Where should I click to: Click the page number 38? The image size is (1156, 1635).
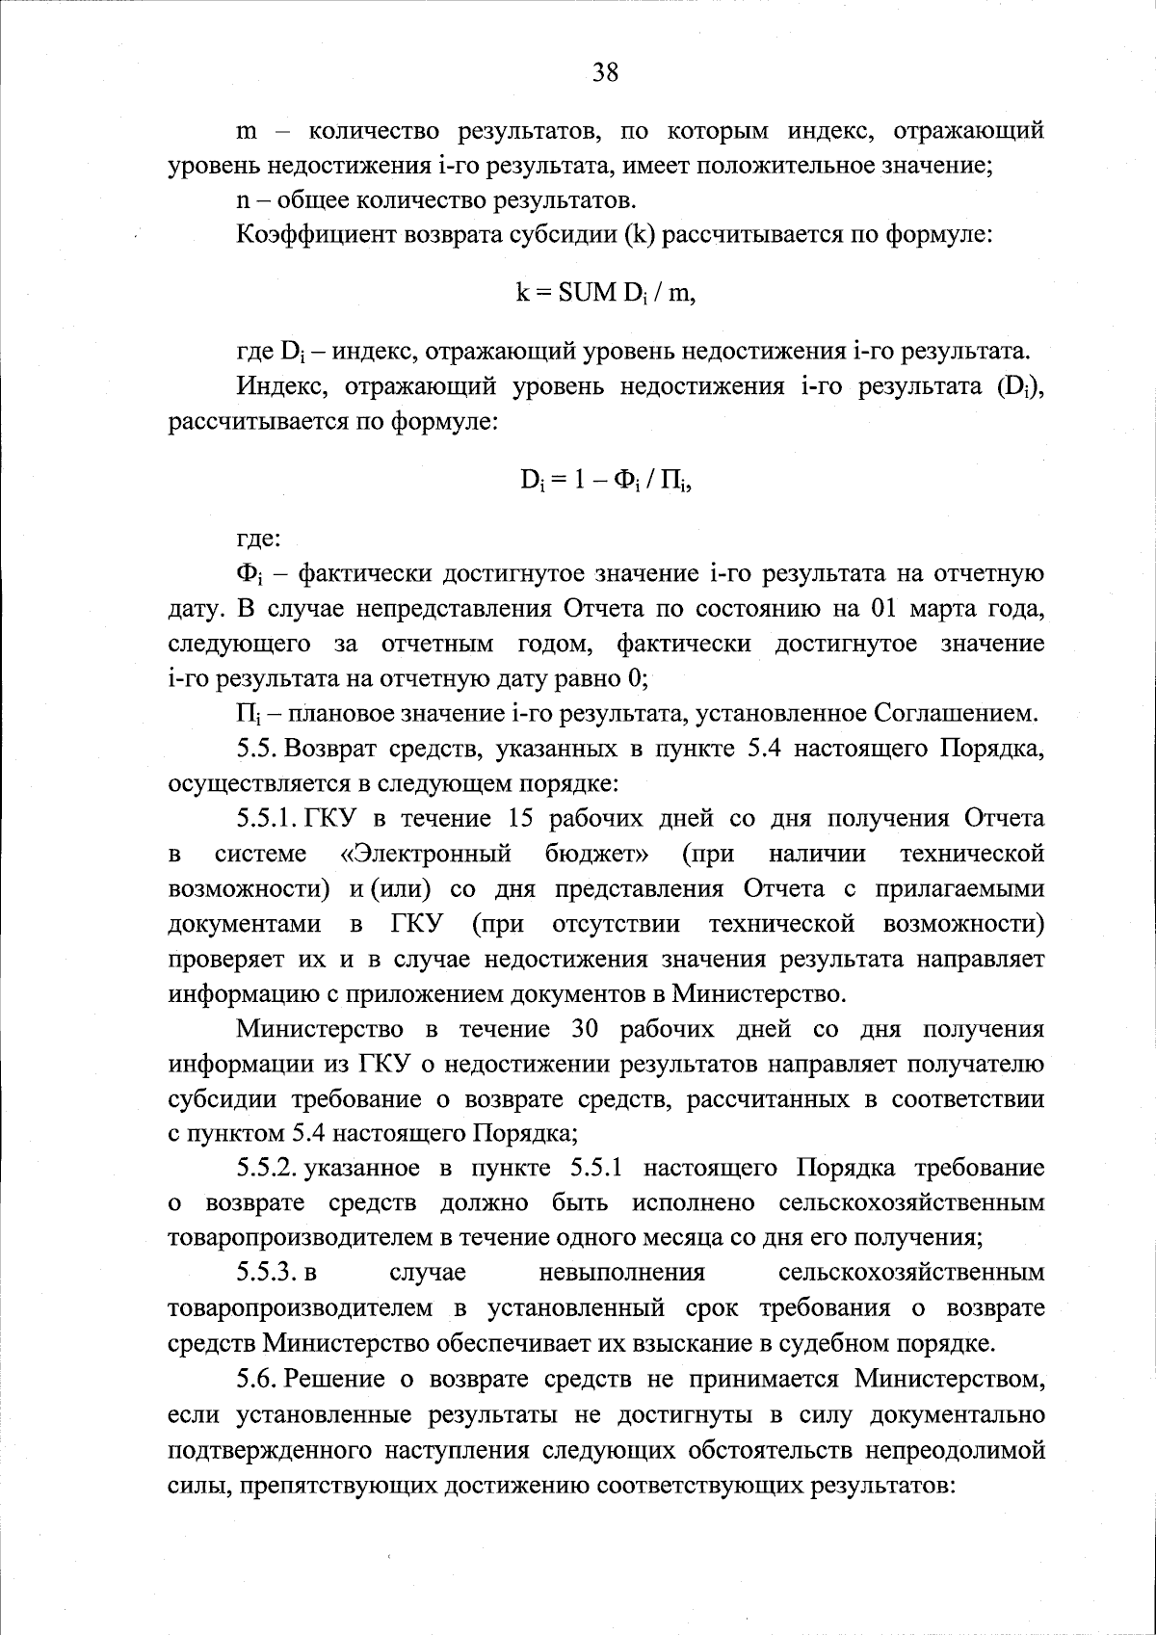(605, 73)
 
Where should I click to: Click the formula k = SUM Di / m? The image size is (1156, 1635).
(605, 294)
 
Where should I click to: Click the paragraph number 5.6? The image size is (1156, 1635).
(257, 1379)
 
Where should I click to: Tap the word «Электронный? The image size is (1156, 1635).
(426, 854)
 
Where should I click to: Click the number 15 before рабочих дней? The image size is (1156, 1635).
(511, 819)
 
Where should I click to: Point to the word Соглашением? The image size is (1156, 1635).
(956, 714)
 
